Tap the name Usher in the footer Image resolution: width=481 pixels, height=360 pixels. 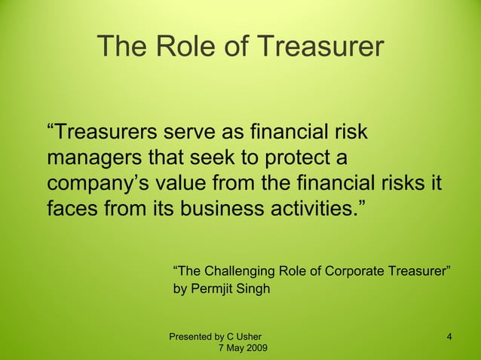[248, 336]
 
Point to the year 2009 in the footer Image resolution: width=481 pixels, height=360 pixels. [253, 348]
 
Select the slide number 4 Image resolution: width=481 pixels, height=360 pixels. [449, 336]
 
